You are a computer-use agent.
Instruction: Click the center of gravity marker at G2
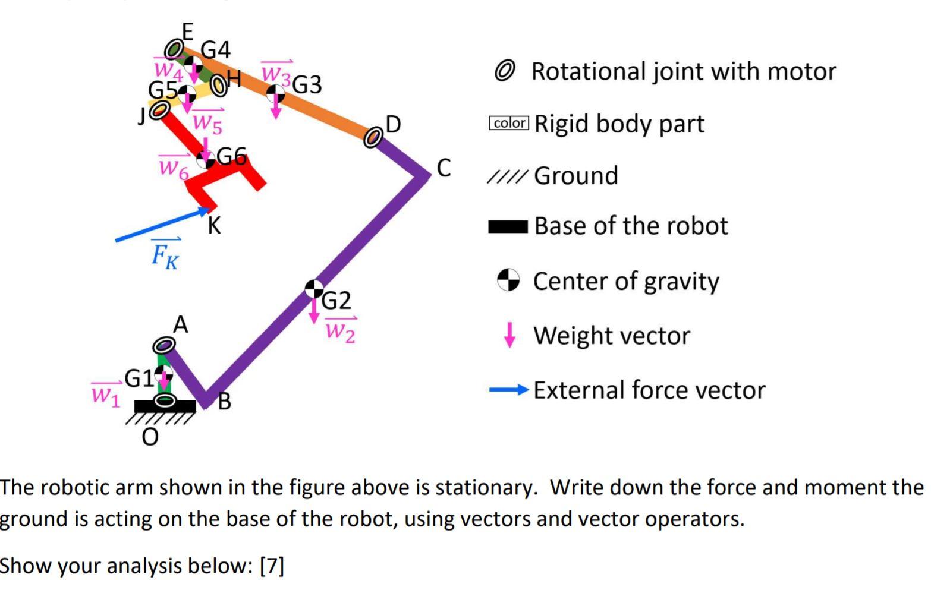pos(314,289)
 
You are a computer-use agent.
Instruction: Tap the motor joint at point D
pos(373,137)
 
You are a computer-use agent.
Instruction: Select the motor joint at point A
pos(164,345)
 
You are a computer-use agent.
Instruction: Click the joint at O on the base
pos(165,400)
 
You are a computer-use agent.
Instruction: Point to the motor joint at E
pos(174,49)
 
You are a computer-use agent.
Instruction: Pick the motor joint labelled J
pos(159,109)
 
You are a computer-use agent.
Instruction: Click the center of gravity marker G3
pos(275,93)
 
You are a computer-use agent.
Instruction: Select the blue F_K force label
pos(165,254)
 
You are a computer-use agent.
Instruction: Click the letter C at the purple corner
pos(444,168)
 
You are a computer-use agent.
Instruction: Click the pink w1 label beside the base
pos(106,393)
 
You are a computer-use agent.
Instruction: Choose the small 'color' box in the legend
pos(508,123)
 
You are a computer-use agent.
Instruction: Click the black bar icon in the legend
pos(508,226)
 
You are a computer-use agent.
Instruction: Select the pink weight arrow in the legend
pos(509,335)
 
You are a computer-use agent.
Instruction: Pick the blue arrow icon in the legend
pos(508,390)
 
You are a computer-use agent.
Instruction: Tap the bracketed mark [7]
pos(272,565)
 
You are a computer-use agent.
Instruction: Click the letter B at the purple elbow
pos(224,402)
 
